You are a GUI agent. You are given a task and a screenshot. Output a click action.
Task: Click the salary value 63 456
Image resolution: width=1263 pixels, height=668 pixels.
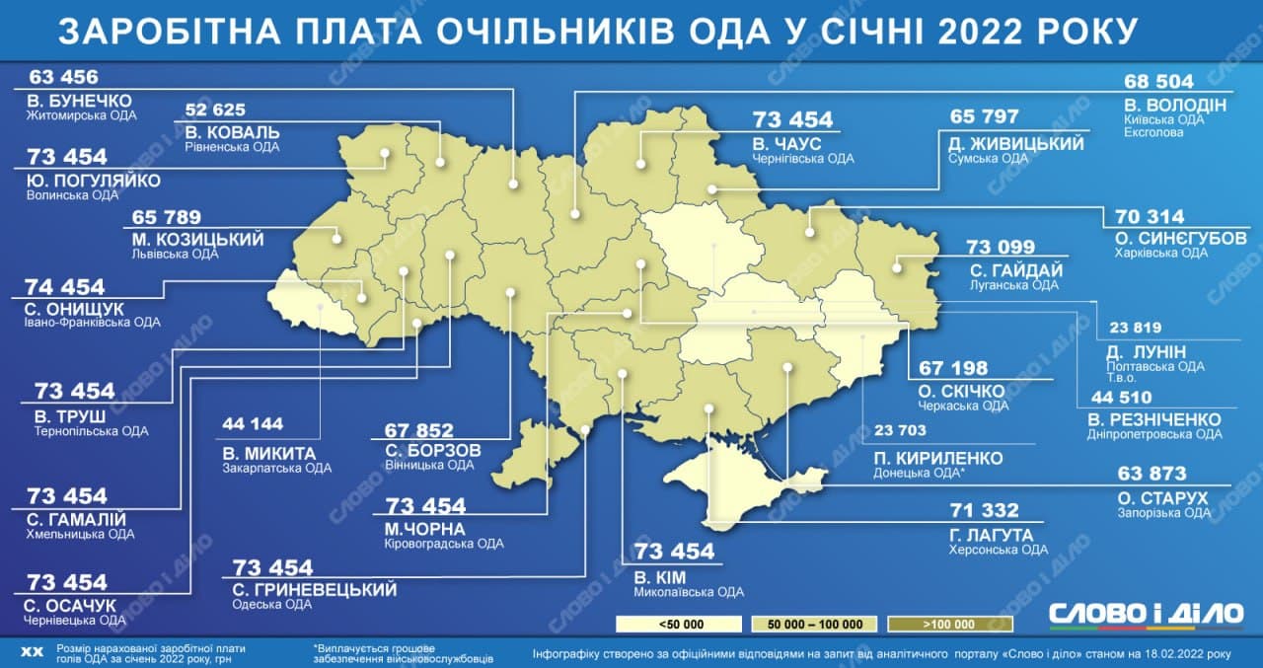65,79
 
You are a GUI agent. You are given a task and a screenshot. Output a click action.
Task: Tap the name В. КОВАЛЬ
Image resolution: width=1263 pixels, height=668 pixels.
232,131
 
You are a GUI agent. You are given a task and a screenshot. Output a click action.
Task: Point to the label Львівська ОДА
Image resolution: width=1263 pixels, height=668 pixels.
174,254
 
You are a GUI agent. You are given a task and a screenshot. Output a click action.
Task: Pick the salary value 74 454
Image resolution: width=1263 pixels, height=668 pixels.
66,287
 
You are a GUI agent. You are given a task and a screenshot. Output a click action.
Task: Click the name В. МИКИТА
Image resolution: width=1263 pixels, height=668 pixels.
269,453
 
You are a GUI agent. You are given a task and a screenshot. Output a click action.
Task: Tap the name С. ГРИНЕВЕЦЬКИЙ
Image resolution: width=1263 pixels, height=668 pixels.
314,590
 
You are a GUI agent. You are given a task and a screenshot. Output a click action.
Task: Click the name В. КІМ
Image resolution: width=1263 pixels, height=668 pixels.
660,576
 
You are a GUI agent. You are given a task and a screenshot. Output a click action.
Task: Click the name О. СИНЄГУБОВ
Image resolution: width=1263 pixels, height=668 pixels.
1180,238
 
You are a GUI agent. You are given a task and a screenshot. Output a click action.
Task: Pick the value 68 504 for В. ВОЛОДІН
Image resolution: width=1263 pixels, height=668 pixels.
1159,82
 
